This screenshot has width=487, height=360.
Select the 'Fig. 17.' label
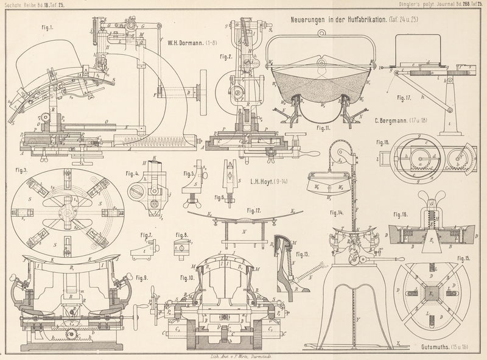(404, 98)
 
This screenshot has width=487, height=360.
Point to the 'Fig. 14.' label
(337, 213)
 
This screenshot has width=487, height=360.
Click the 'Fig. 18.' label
(383, 142)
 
